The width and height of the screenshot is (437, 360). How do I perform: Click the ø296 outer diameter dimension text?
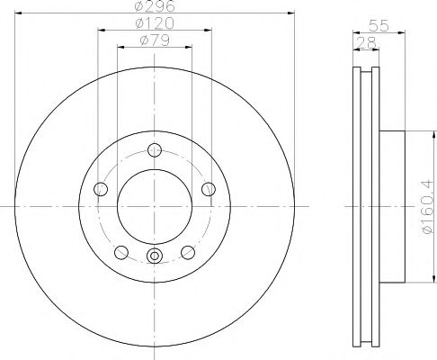tap(154, 8)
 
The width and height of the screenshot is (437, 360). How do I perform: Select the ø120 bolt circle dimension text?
tap(154, 24)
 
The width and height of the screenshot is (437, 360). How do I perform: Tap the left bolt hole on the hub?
tap(101, 189)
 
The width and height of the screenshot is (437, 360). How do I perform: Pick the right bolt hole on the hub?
tap(209, 189)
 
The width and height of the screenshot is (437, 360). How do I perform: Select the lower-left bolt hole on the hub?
tap(121, 252)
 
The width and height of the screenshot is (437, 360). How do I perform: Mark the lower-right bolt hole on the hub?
tap(188, 252)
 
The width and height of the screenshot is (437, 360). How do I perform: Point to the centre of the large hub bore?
tap(155, 206)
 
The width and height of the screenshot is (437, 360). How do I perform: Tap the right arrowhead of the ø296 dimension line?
tap(291, 13)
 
